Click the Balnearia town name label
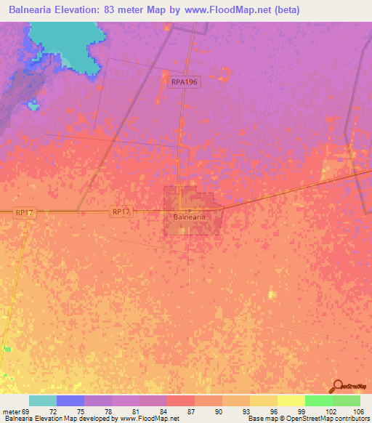pyautogui.click(x=190, y=217)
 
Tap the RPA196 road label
pyautogui.click(x=185, y=83)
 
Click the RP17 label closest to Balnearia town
pyautogui.click(x=121, y=211)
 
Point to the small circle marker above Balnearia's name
pyautogui.click(x=190, y=210)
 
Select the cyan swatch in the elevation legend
pyautogui.click(x=43, y=400)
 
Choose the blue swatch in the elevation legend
pyautogui.click(x=70, y=400)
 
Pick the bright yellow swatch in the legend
pyautogui.click(x=291, y=400)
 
